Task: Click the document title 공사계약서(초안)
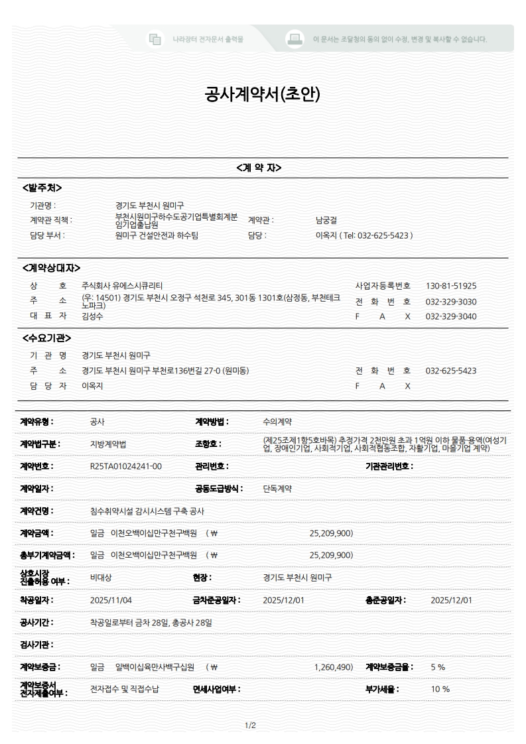click(263, 95)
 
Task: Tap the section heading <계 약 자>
click(259, 168)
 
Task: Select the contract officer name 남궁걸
click(327, 220)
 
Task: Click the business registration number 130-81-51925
click(451, 286)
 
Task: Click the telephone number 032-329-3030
click(451, 302)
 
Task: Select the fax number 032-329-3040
click(451, 316)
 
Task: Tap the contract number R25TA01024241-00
click(125, 466)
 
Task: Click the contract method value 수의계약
click(277, 421)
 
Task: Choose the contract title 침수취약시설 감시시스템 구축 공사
click(147, 511)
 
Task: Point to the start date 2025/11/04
click(111, 600)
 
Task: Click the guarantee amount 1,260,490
click(333, 666)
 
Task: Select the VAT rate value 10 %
click(440, 689)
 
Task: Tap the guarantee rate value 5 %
click(438, 666)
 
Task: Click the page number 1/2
click(250, 725)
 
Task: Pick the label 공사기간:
click(37, 623)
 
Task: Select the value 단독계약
click(277, 489)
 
